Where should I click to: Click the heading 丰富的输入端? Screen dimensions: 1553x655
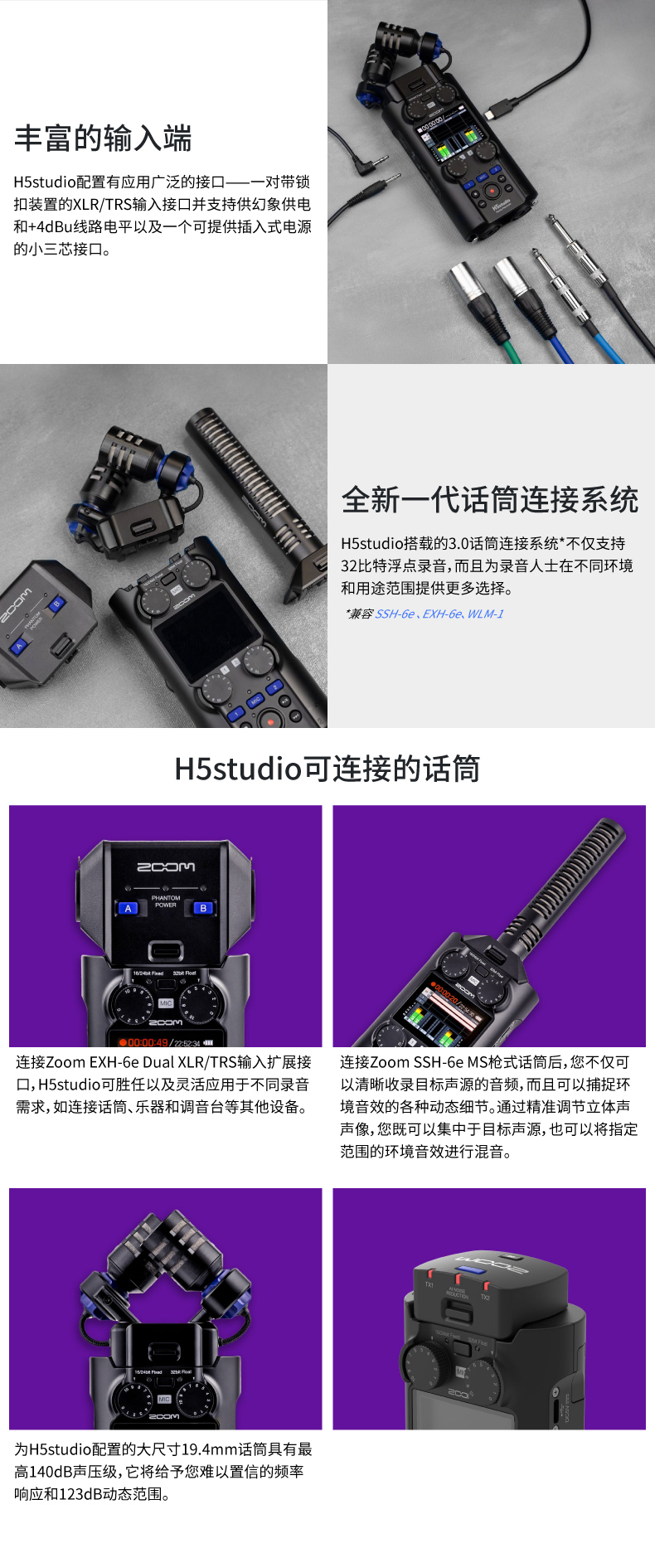tap(103, 138)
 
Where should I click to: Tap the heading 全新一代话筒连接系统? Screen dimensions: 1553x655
tap(490, 500)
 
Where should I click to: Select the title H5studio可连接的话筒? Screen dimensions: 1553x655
tap(327, 769)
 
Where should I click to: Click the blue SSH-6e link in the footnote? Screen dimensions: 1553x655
tap(395, 614)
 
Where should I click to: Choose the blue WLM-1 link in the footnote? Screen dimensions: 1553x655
tap(485, 614)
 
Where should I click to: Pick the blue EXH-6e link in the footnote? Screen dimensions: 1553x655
tap(441, 614)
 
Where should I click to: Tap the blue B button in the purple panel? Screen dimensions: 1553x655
tap(203, 908)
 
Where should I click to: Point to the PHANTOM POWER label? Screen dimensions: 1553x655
tap(166, 901)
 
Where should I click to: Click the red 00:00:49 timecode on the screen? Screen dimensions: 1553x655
tap(148, 1042)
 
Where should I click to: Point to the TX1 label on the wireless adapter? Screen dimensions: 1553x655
tap(429, 1284)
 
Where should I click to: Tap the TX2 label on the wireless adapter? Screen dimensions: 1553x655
tap(485, 1297)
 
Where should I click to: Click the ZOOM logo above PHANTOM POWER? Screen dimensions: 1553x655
tap(166, 866)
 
